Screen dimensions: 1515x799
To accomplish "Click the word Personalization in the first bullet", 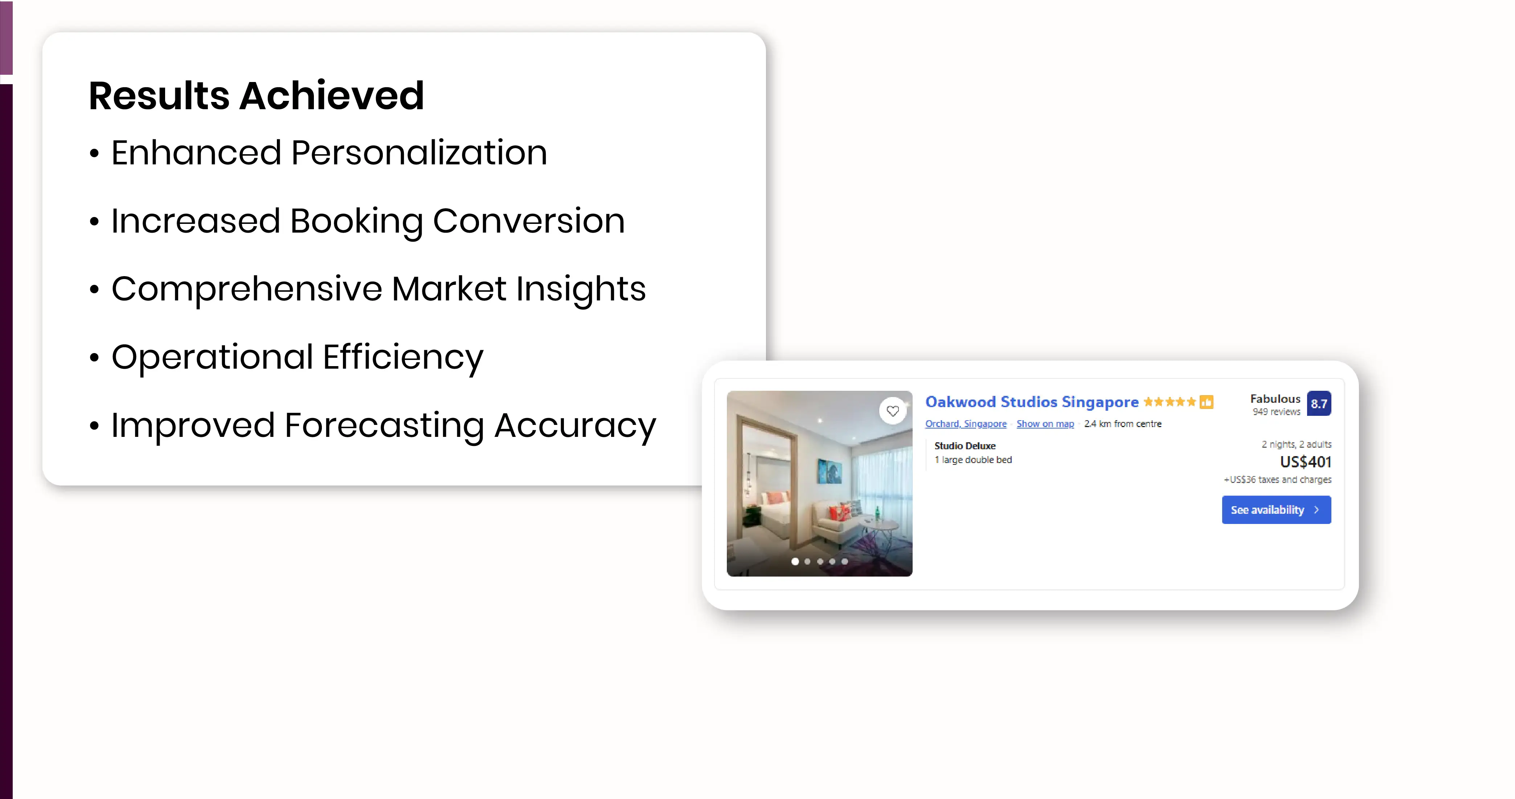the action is pos(419,153).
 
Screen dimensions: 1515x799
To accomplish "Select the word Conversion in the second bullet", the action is pos(529,221).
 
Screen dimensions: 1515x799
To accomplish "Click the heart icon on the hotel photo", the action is pos(893,411).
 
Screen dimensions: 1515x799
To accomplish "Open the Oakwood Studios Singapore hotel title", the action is pos(1032,402).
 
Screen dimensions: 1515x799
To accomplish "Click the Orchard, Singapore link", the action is pos(966,424).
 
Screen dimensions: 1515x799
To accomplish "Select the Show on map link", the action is pos(1045,424).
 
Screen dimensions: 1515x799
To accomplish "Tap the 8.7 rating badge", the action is pos(1319,404).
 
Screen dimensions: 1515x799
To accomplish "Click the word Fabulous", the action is pos(1275,399).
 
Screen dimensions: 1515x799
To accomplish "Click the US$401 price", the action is pos(1306,462).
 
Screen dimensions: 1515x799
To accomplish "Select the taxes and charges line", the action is pos(1277,480).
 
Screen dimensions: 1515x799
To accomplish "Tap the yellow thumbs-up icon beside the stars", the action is pos(1206,402).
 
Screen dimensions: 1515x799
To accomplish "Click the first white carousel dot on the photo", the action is pos(795,561).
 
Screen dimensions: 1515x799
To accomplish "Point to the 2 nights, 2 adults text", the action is pos(1296,444).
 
